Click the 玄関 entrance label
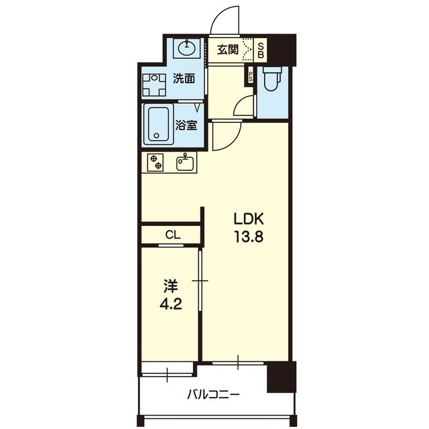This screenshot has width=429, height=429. click(228, 50)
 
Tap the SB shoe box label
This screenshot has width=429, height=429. click(261, 50)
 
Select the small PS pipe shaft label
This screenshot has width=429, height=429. click(250, 76)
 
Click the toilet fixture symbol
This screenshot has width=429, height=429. click(272, 78)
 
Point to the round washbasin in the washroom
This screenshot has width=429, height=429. click(187, 48)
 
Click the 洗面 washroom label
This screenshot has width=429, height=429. click(184, 78)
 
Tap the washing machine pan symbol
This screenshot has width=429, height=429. click(154, 85)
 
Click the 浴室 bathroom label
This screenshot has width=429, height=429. click(186, 125)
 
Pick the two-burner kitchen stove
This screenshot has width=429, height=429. click(155, 162)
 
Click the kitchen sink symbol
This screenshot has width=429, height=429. click(185, 162)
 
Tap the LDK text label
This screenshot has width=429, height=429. click(249, 219)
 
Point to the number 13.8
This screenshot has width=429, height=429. click(249, 237)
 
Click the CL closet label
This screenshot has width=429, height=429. click(173, 235)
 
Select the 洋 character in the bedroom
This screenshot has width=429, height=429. click(171, 286)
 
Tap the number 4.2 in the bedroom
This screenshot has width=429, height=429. click(171, 304)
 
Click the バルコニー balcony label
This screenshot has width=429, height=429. click(213, 395)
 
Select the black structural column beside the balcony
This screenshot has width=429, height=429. click(282, 377)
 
